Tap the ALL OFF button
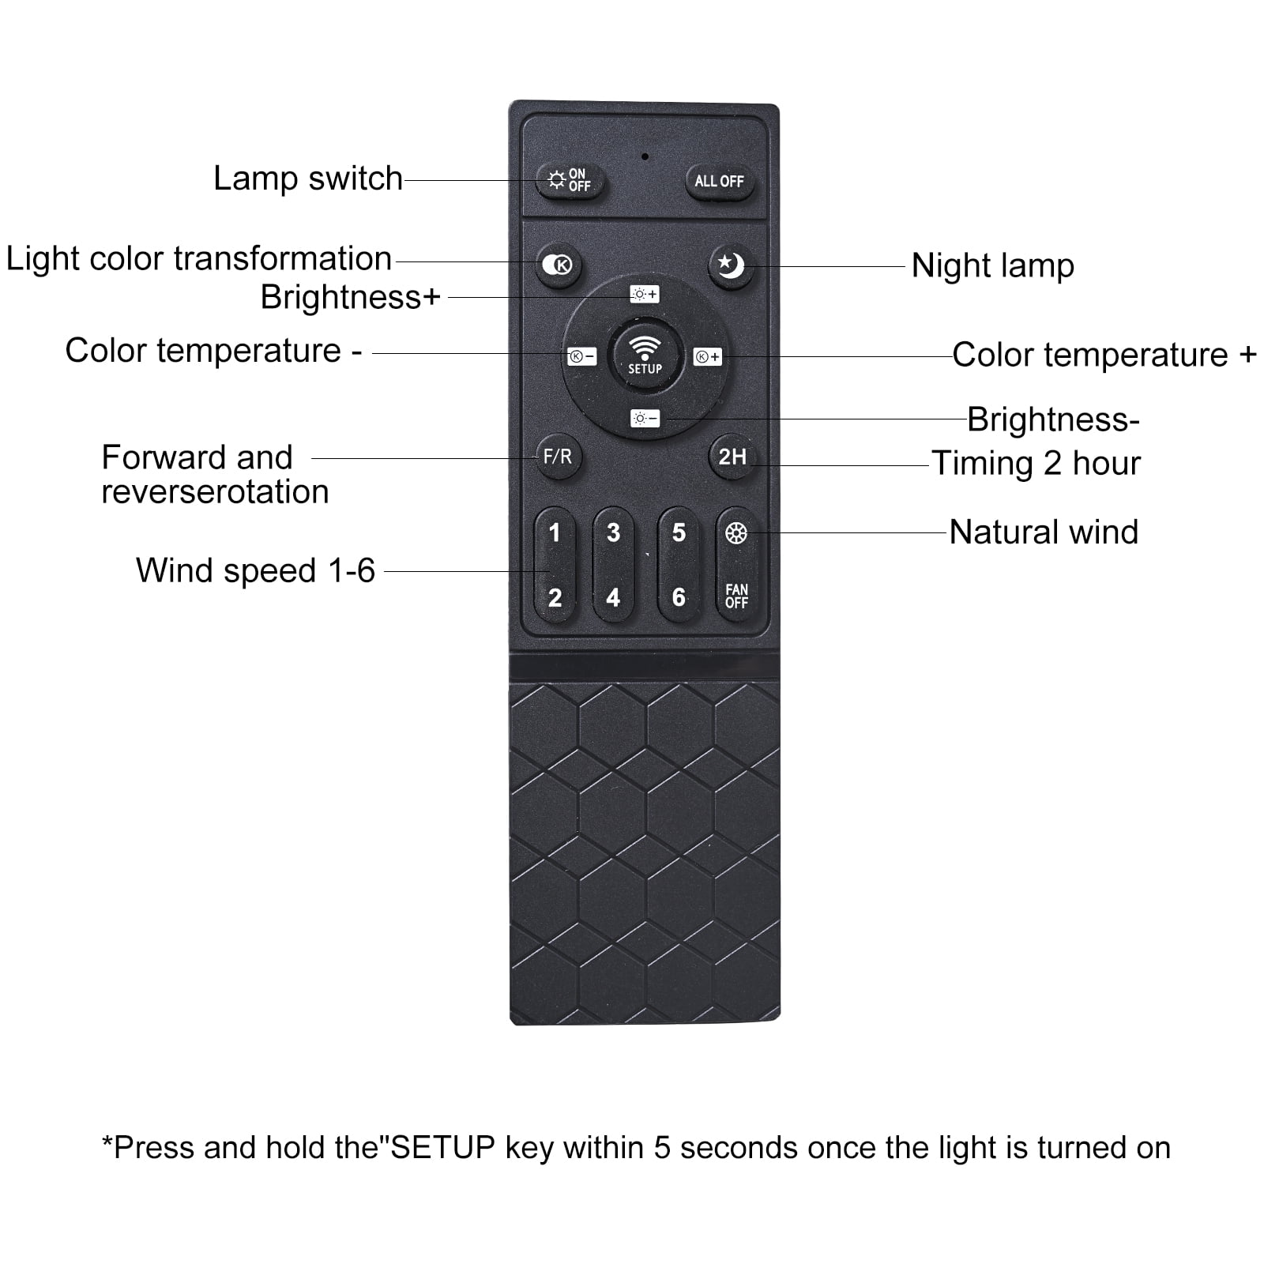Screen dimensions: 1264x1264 coord(719,182)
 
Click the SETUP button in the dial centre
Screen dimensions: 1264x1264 coord(645,355)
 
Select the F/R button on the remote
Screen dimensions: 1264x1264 coord(558,457)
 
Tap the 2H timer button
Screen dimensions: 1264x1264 coord(732,457)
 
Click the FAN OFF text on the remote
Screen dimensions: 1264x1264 coord(736,596)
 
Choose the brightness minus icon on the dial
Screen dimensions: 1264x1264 coord(645,418)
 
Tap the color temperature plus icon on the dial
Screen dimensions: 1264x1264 coord(707,356)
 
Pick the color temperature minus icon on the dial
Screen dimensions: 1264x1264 coord(582,356)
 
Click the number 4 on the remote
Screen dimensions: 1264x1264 coord(613,597)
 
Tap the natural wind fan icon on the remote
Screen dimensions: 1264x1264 coord(736,533)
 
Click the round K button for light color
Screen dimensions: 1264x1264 coord(559,265)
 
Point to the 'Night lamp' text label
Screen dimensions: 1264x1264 coord(992,267)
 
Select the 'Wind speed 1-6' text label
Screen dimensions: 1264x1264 coord(255,570)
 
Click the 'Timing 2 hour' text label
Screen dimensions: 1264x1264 coord(1036,464)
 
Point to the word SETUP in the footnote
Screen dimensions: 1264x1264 coord(443,1147)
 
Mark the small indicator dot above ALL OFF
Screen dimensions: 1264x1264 coord(645,156)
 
